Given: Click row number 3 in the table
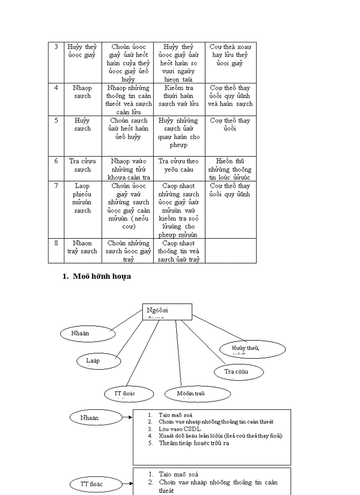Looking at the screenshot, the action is pyautogui.click(x=56, y=47).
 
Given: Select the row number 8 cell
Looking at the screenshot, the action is pyautogui.click(x=56, y=243).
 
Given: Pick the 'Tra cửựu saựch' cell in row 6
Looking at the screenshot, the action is pyautogui.click(x=82, y=165).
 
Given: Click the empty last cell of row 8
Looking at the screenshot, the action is pyautogui.click(x=230, y=251).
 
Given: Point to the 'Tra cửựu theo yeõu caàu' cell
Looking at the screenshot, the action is pyautogui.click(x=179, y=165).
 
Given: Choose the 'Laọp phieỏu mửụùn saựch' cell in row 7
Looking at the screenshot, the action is pyautogui.click(x=82, y=198).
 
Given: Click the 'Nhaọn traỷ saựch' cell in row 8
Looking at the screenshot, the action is pyautogui.click(x=82, y=247).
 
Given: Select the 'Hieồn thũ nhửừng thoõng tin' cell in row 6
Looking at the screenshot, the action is pyautogui.click(x=230, y=169).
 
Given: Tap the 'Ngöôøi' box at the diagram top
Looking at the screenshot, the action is pyautogui.click(x=167, y=311).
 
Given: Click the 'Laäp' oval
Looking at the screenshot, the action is pyautogui.click(x=98, y=361).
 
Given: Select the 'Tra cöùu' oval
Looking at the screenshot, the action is pyautogui.click(x=239, y=372).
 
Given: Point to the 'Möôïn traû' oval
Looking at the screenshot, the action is pyautogui.click(x=191, y=394).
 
